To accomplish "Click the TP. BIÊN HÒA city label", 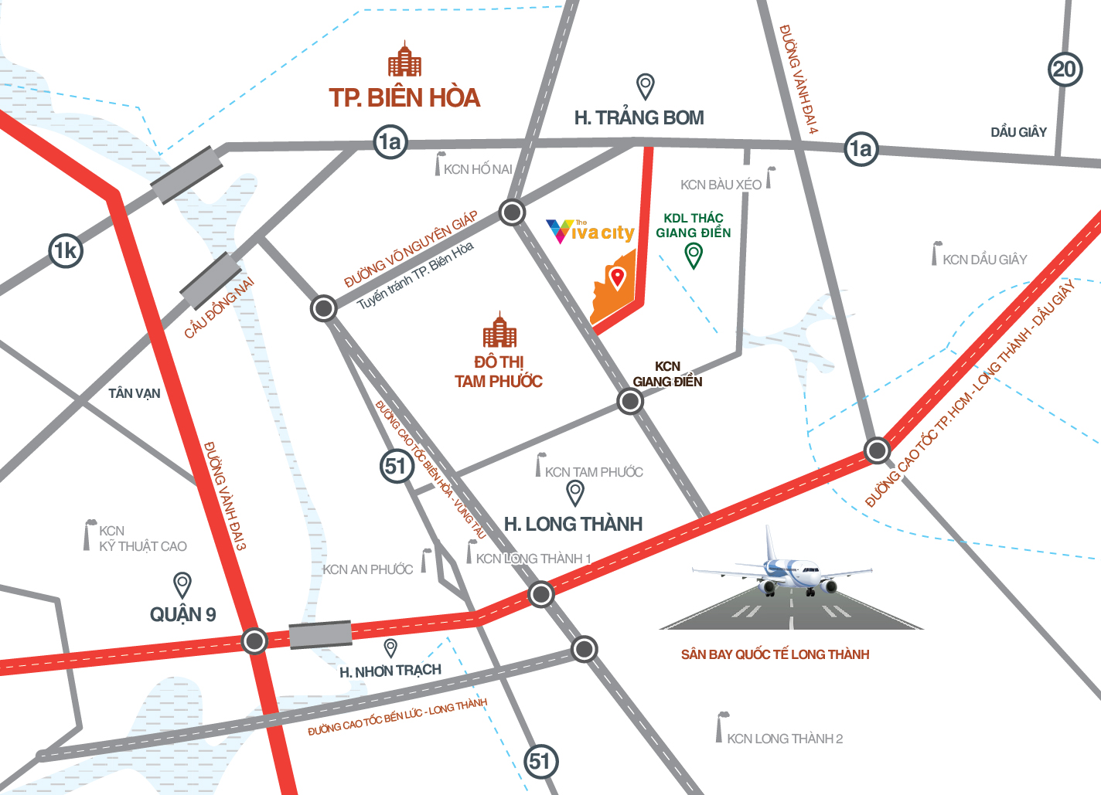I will pos(404,98).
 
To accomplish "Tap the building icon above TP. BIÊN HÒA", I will pos(404,60).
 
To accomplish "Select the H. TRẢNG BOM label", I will pos(639,118).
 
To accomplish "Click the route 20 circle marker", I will pos(1065,70).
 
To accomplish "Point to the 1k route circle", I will pos(66,250).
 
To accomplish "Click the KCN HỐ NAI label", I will pos(478,169).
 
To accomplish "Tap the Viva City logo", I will pos(591,232).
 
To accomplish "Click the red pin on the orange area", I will pos(617,277).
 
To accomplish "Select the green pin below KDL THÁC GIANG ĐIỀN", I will pos(694,255).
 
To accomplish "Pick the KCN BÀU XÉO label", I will pos(721,185).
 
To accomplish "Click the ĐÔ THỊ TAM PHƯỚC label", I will pos(499,372).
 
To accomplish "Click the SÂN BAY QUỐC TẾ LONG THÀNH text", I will pos(775,654).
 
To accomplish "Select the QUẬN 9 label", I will pos(183,614).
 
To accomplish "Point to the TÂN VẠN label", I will pos(135,393).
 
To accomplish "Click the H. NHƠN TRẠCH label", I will pos(390,671).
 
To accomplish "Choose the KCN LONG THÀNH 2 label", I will pos(784,739).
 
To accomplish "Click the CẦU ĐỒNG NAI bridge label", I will pos(219,308).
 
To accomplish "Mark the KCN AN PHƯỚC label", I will pos(367,569).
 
